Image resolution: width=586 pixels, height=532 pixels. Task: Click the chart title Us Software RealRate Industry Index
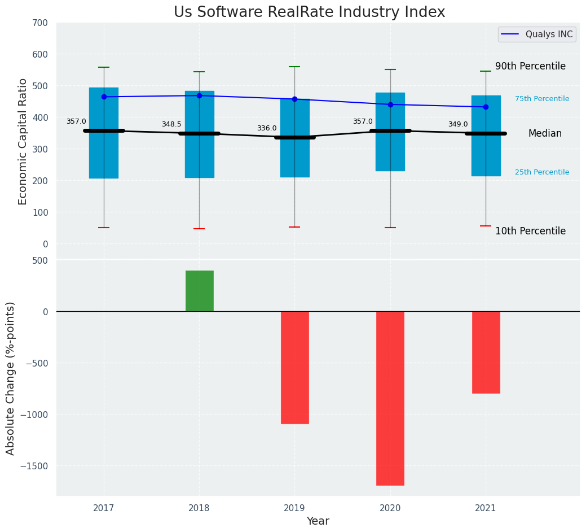[x=309, y=12]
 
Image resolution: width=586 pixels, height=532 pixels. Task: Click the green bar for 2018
[x=199, y=291]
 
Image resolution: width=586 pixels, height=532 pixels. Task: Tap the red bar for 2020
[x=390, y=398]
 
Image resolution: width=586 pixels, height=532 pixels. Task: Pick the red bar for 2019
[x=294, y=367]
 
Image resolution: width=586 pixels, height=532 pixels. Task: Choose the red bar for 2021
[x=486, y=352]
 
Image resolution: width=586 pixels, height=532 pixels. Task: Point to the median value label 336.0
[x=267, y=129]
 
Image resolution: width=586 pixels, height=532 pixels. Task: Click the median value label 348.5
[x=171, y=125]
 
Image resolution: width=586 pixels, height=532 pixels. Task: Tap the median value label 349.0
[x=458, y=125]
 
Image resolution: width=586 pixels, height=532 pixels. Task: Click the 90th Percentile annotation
[x=530, y=67]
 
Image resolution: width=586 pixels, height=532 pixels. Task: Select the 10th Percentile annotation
[x=530, y=232]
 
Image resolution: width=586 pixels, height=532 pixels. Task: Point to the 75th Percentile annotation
[x=541, y=99]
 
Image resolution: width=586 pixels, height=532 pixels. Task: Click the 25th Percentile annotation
[x=541, y=173]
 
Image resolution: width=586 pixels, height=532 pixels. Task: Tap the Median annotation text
[x=545, y=134]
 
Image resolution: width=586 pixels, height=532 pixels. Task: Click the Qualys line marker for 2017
[x=104, y=97]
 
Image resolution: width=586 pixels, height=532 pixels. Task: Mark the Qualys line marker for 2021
[x=486, y=107]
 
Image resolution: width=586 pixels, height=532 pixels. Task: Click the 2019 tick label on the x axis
[x=294, y=508]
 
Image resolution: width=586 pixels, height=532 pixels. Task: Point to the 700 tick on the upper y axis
[x=45, y=23]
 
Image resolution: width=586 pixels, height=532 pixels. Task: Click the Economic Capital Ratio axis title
[x=23, y=141]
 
